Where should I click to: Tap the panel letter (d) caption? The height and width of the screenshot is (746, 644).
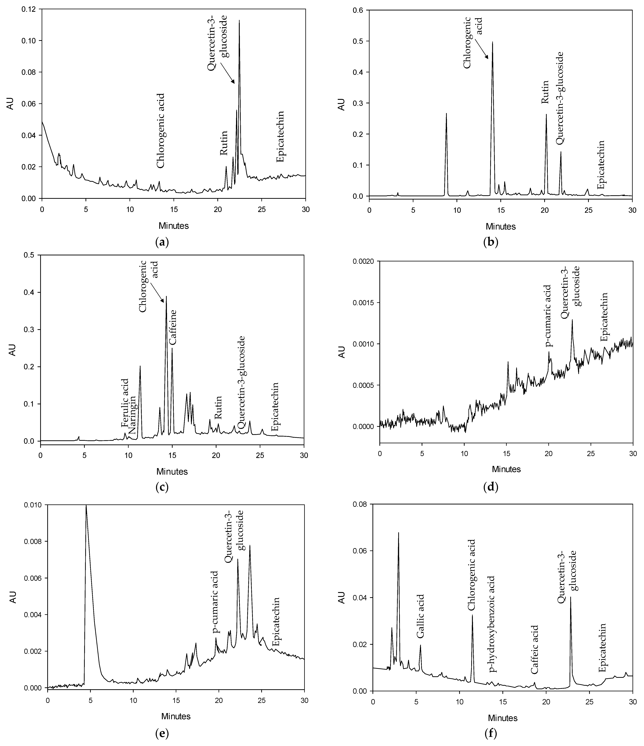(x=490, y=488)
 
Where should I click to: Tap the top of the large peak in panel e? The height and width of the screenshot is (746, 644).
(x=86, y=506)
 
